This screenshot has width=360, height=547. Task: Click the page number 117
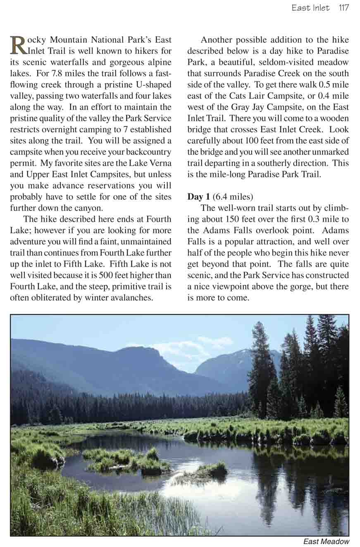[x=343, y=8]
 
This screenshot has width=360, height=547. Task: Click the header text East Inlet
[x=310, y=8]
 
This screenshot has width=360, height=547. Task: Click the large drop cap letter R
[x=17, y=45]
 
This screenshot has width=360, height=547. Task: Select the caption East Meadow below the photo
[x=326, y=541]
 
